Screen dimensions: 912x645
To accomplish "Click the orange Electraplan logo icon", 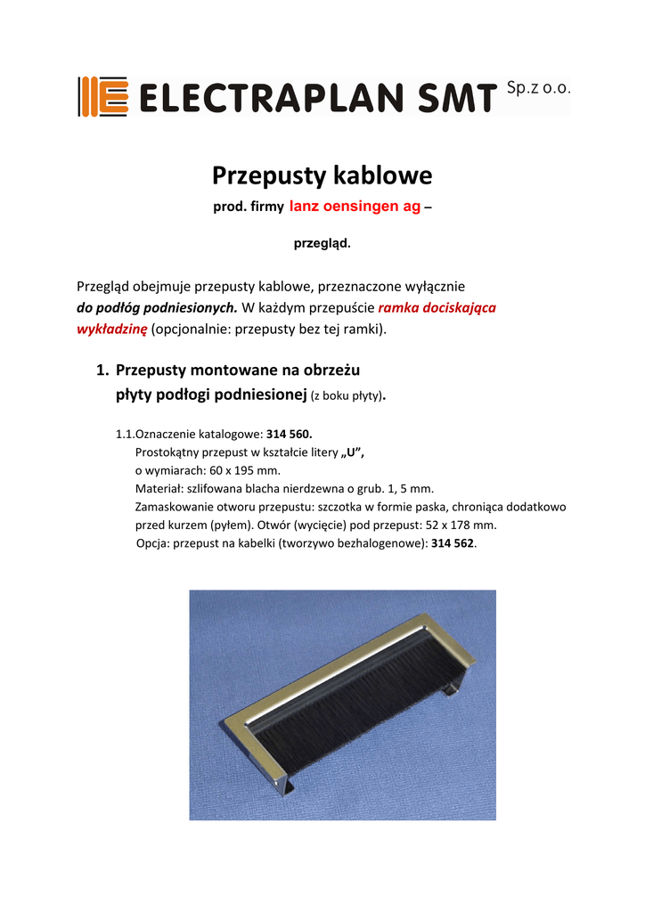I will [x=103, y=96].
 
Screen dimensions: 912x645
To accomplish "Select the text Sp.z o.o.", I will [x=536, y=88].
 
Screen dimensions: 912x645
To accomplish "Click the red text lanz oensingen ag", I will [x=355, y=207].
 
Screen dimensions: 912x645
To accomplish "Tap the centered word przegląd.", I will [x=322, y=242].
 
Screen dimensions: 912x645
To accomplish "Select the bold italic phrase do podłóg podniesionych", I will [x=158, y=308].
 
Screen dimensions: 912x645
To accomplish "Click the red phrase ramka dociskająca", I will [x=437, y=308].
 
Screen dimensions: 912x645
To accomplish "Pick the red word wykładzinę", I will [x=112, y=330].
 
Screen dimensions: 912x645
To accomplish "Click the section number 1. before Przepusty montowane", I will [x=102, y=370].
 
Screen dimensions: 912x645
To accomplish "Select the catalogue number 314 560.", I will [x=290, y=435].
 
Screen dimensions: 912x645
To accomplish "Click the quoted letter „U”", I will [x=352, y=452].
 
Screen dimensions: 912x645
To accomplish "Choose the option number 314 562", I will [x=454, y=543].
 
